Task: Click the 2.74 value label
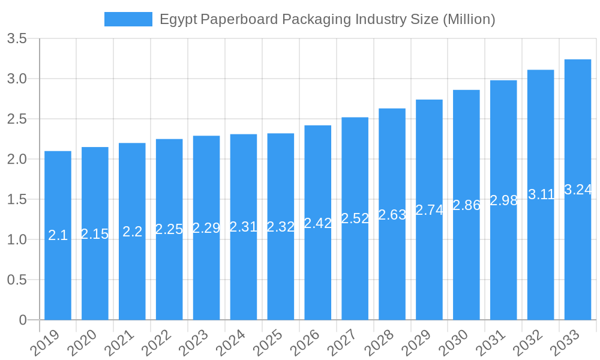[429, 210]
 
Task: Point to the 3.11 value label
[541, 194]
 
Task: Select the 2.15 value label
[95, 234]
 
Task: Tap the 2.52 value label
[355, 218]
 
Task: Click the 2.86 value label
[466, 205]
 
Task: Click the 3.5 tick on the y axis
[16, 39]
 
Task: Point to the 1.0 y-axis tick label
[16, 240]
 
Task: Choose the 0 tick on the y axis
[23, 320]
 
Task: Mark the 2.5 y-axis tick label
[16, 119]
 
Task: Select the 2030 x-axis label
[453, 343]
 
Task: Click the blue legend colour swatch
[128, 19]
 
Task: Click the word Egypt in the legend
[178, 20]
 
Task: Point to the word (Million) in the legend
[469, 19]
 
